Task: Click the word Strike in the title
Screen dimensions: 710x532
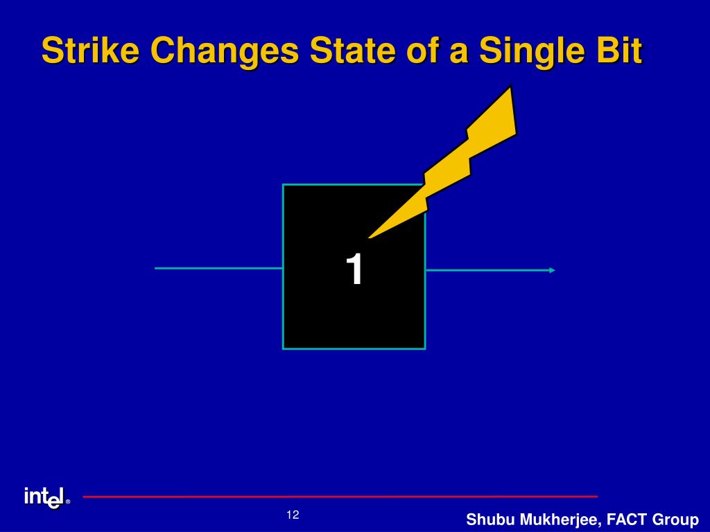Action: pos(90,50)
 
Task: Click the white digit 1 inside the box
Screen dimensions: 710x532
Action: pos(354,269)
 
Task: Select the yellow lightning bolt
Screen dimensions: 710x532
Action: pos(453,168)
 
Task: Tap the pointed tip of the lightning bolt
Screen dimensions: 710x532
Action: pos(369,238)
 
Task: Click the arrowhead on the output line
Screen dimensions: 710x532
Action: pos(552,271)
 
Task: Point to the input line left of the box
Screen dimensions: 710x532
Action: pos(218,268)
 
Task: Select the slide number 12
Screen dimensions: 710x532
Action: pos(293,515)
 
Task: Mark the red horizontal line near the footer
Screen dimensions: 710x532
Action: pos(340,497)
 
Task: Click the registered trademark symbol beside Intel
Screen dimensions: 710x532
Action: pos(68,502)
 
